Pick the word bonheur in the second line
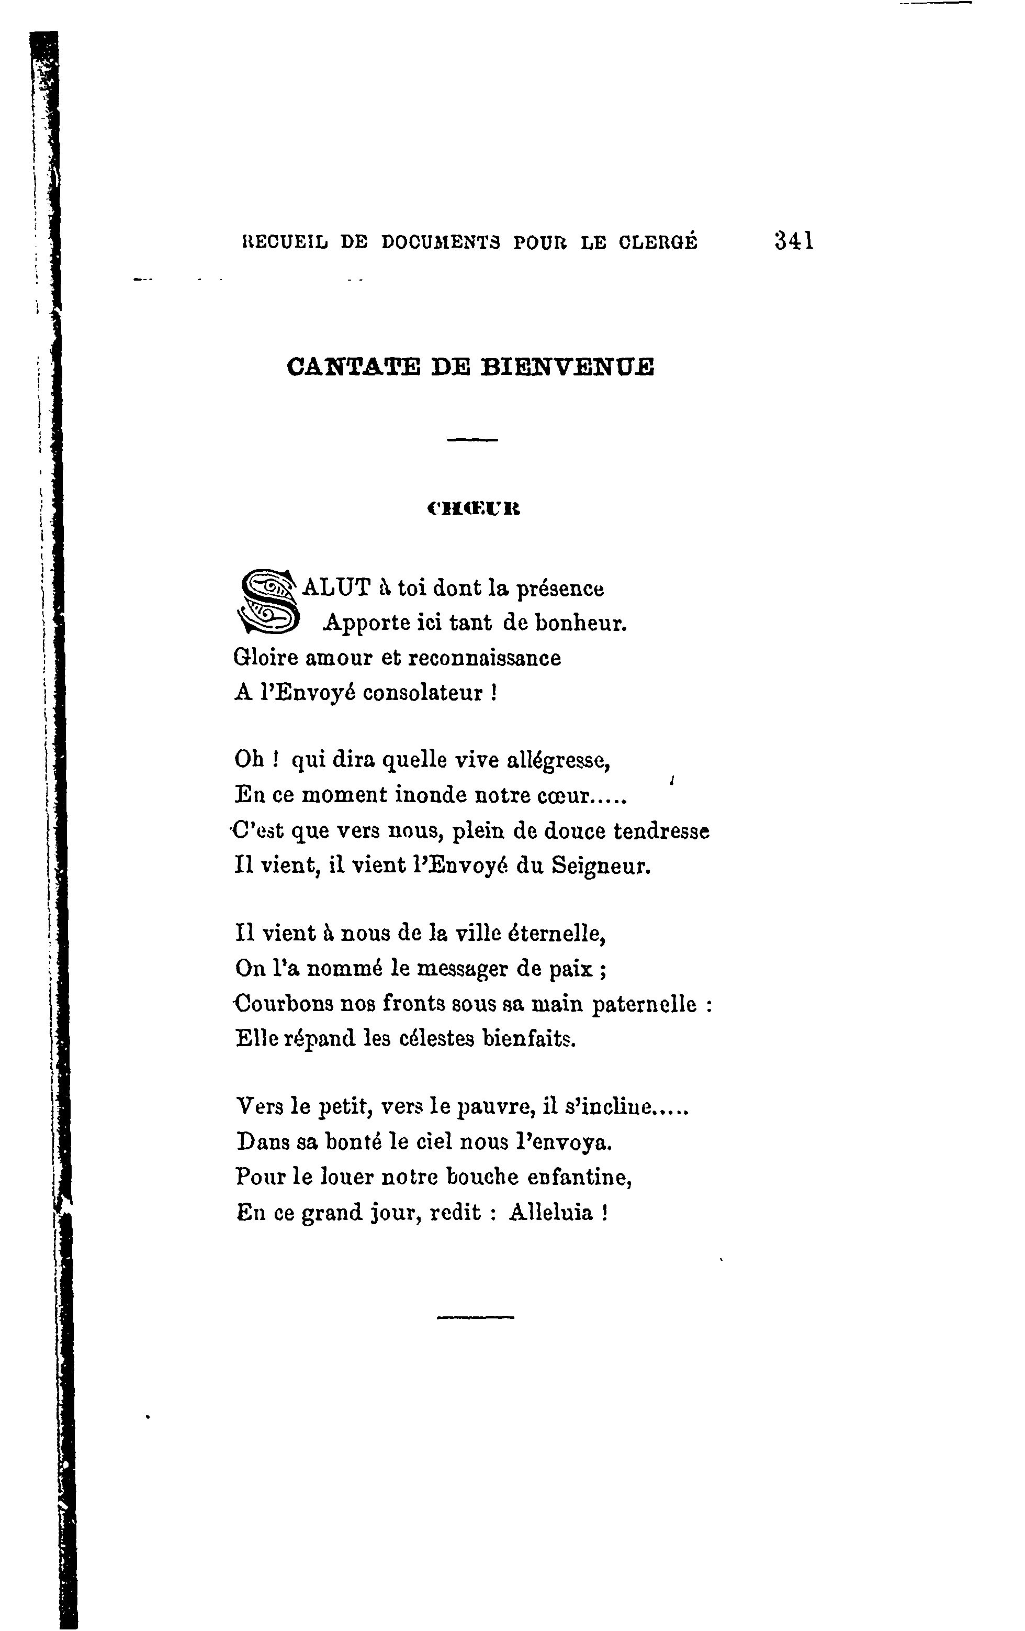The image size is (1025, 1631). pyautogui.click(x=581, y=623)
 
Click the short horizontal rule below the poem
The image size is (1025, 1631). pyautogui.click(x=475, y=1318)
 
